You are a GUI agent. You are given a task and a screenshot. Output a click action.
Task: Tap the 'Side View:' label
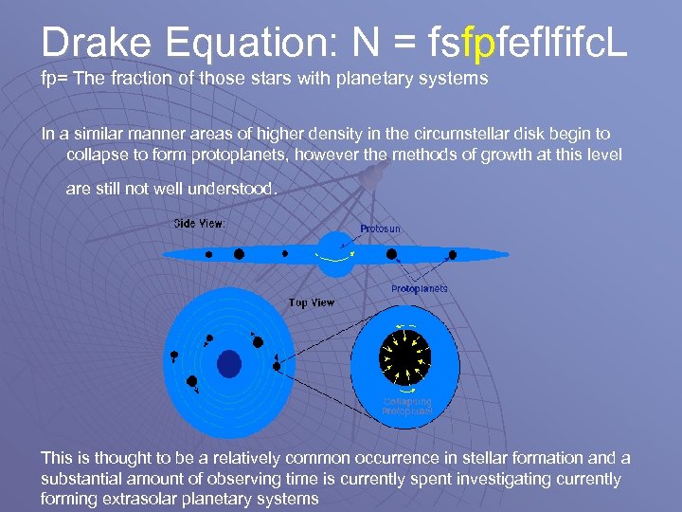click(199, 224)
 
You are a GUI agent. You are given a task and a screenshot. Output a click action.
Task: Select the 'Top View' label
click(311, 302)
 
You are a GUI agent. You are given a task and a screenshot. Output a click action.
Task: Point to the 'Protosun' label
click(380, 229)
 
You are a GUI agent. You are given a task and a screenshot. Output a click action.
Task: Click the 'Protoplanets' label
click(420, 288)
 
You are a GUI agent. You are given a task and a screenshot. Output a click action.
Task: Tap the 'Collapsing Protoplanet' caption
click(407, 406)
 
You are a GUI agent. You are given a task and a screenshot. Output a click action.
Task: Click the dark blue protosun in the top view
click(229, 363)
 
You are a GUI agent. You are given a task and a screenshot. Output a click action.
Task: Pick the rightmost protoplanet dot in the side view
click(452, 254)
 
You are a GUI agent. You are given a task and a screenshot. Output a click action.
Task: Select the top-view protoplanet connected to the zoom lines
click(277, 365)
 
